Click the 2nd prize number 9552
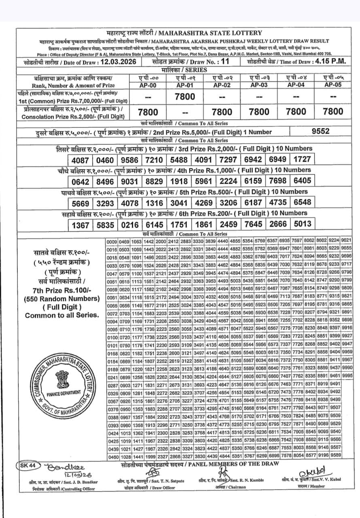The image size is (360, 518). pos(321,131)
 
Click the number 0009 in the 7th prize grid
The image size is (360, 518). pos(112,241)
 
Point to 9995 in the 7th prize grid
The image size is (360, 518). pos(347,376)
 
